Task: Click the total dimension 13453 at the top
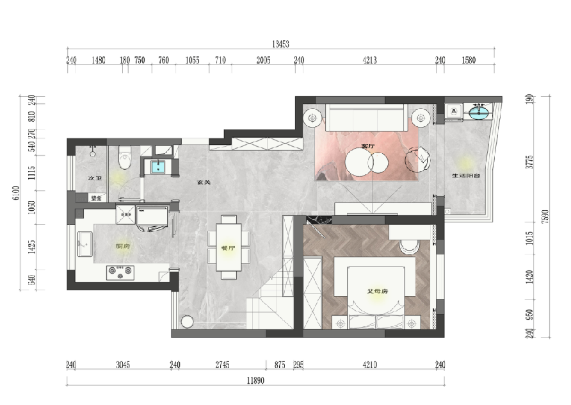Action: point(281,44)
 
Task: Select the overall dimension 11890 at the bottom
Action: point(255,380)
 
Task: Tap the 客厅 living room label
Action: point(367,146)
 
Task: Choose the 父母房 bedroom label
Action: point(377,291)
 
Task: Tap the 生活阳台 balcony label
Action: point(465,175)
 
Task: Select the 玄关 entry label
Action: point(204,183)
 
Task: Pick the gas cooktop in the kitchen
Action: point(120,274)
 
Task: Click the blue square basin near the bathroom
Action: point(157,168)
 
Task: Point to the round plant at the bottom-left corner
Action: point(188,322)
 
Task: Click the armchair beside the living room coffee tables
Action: point(418,160)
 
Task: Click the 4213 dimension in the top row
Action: point(369,60)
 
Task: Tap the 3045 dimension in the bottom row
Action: point(123,365)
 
